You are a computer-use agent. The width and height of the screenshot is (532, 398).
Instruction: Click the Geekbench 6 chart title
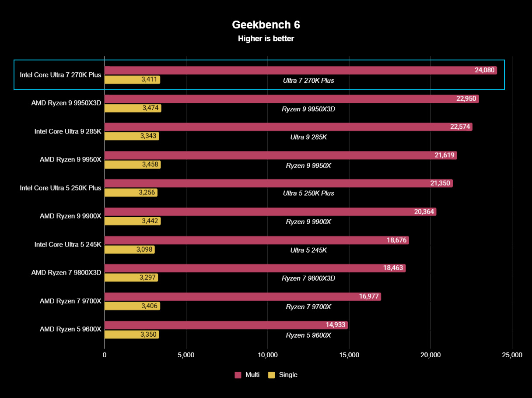click(266, 24)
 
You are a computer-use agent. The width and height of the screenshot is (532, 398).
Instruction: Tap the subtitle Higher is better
click(266, 39)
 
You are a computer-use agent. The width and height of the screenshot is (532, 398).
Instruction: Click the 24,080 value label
click(484, 70)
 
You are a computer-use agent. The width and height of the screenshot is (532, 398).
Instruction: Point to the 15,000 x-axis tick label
click(349, 355)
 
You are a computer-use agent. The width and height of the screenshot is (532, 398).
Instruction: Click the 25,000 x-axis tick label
click(511, 355)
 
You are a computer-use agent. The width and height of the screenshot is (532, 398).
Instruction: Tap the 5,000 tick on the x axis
click(186, 355)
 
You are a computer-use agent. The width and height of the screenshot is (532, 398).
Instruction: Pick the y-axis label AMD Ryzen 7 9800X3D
click(66, 273)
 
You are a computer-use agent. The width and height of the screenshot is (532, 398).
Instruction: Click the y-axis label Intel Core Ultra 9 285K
click(68, 131)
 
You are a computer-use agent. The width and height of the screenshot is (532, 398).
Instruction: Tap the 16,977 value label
click(369, 297)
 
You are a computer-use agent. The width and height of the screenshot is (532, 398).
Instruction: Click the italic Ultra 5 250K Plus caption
click(308, 193)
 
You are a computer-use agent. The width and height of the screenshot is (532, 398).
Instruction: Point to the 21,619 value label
click(444, 155)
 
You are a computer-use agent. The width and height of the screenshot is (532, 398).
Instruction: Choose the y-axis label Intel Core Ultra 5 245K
click(68, 244)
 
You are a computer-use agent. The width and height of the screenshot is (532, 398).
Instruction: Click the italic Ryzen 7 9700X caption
click(308, 306)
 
